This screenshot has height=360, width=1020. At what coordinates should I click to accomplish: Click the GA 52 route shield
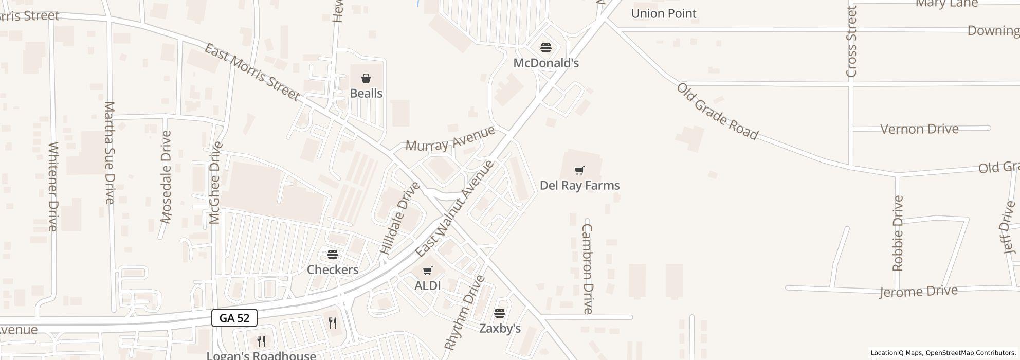point(234,318)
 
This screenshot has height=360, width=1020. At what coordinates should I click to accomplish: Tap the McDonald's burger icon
point(546,48)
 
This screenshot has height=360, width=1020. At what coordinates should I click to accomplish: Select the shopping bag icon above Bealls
point(366,78)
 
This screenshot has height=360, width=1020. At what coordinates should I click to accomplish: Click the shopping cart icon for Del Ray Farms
point(579,171)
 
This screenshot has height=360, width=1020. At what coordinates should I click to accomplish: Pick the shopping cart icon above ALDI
point(427,271)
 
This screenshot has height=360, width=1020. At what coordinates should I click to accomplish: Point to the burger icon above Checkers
point(333,255)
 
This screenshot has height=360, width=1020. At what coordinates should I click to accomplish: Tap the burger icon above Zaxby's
point(500,313)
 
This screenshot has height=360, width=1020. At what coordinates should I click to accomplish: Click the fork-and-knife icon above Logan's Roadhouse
point(261,341)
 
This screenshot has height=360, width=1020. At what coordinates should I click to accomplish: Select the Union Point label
point(664,13)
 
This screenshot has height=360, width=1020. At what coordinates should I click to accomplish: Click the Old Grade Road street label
point(717,111)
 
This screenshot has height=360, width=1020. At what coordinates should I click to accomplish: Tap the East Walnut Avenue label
point(454,208)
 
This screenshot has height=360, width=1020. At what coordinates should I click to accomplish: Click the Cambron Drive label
point(588,268)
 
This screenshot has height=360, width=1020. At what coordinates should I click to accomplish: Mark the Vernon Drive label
point(919,129)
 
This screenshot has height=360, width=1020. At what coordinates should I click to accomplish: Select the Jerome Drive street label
point(918,292)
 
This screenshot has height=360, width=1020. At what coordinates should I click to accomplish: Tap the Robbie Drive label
point(898,233)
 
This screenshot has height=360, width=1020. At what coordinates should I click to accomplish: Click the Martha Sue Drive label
point(109,153)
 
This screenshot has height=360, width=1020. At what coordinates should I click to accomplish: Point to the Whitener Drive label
point(53,186)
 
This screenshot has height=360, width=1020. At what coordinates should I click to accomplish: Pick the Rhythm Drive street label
point(464,313)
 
